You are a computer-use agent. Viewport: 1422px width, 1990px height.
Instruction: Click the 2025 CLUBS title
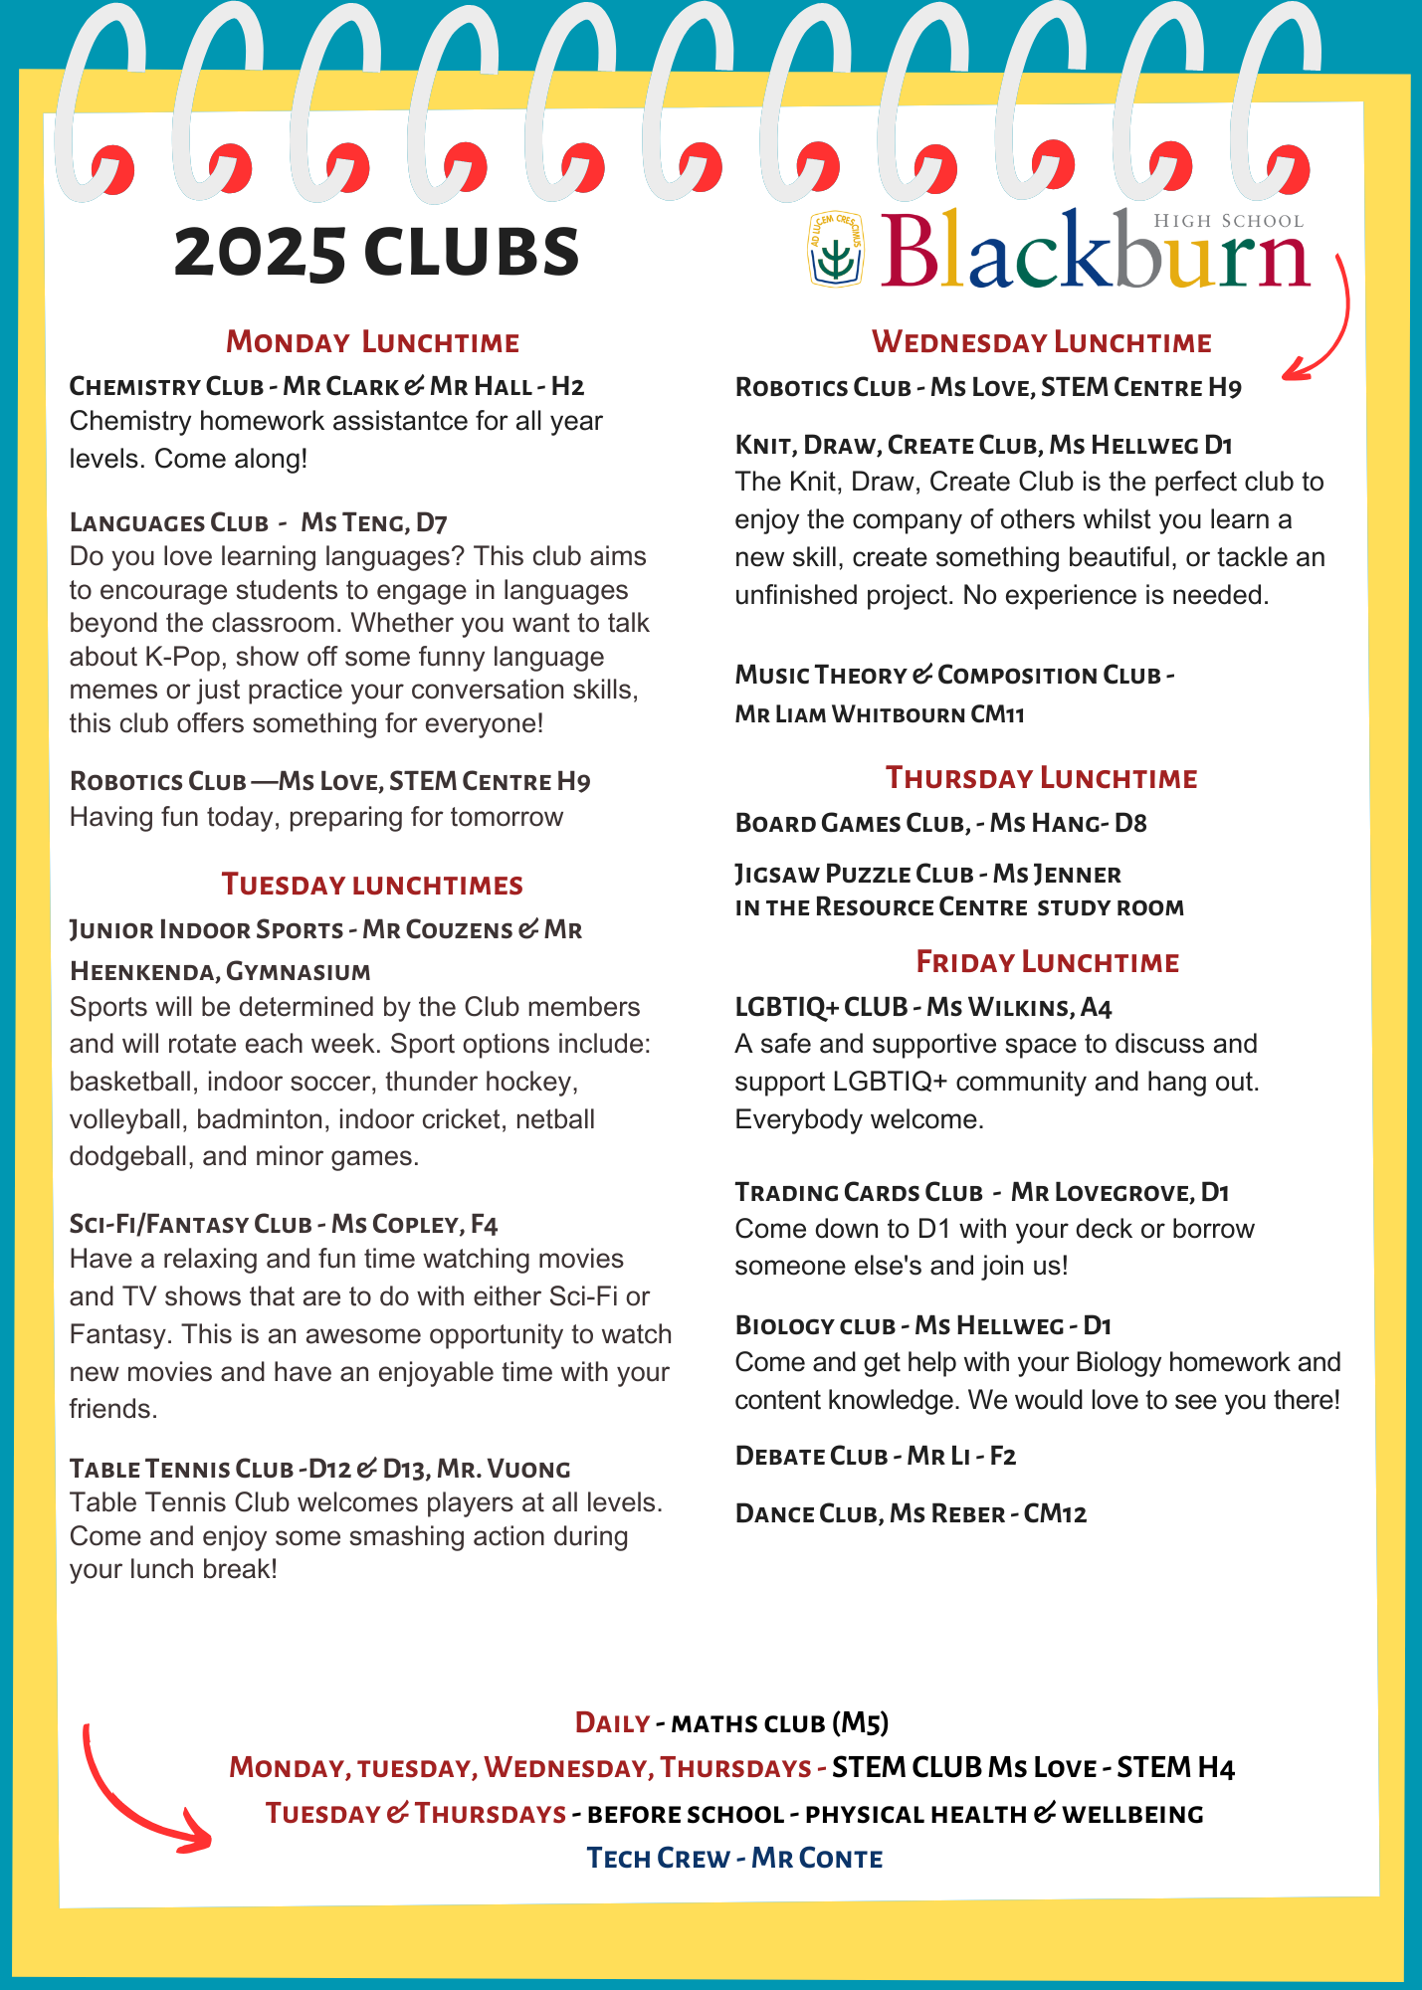(x=376, y=252)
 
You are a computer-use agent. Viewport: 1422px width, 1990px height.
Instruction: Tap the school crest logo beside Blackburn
(x=836, y=250)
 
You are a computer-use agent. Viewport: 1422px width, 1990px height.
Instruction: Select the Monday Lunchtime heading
(x=372, y=342)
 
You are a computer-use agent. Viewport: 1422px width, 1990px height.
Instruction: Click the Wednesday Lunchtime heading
(x=1041, y=342)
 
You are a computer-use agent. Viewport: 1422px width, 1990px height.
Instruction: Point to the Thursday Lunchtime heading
(x=1041, y=778)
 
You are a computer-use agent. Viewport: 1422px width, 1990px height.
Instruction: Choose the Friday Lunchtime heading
(x=1047, y=962)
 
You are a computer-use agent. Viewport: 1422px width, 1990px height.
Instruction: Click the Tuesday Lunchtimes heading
(x=372, y=885)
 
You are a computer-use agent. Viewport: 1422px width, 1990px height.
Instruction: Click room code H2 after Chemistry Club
(x=567, y=386)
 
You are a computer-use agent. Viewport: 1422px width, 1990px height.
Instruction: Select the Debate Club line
(x=875, y=1456)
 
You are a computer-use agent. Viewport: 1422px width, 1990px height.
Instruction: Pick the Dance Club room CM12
(x=1055, y=1513)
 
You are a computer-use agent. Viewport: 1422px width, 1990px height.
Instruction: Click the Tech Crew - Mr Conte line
(x=734, y=1858)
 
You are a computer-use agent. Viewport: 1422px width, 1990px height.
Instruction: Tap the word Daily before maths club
(x=612, y=1722)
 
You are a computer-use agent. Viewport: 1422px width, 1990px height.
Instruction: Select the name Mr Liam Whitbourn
(x=850, y=714)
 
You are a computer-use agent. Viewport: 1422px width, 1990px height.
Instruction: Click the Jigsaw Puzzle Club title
(x=854, y=874)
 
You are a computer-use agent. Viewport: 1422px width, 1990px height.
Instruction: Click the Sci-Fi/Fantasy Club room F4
(x=484, y=1224)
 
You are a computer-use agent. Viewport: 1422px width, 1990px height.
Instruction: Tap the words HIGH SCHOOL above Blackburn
(x=1228, y=221)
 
